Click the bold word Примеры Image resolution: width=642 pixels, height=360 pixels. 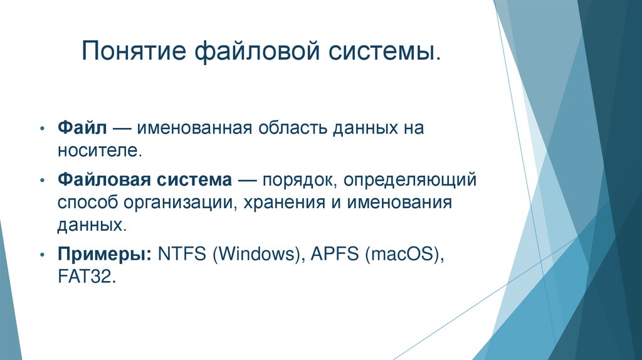(105, 255)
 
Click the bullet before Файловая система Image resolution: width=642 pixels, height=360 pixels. (41, 181)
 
